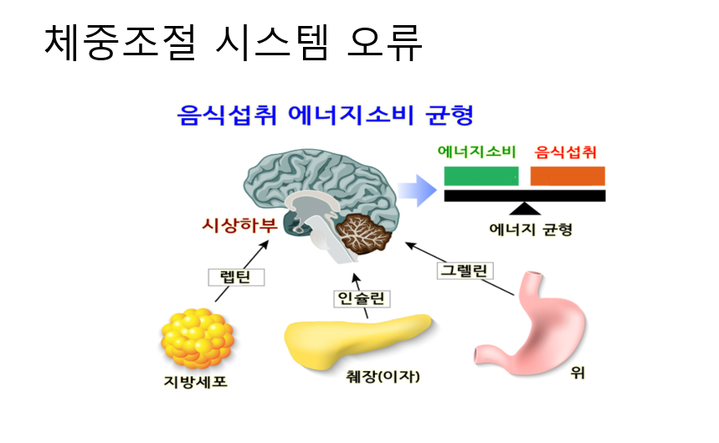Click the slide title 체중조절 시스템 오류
pyautogui.click(x=233, y=42)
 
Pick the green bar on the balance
pyautogui.click(x=480, y=176)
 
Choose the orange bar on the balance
pyautogui.click(x=567, y=176)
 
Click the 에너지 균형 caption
pyautogui.click(x=531, y=228)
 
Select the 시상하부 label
pyautogui.click(x=234, y=224)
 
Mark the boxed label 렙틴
pyautogui.click(x=236, y=276)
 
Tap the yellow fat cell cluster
pyautogui.click(x=197, y=338)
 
